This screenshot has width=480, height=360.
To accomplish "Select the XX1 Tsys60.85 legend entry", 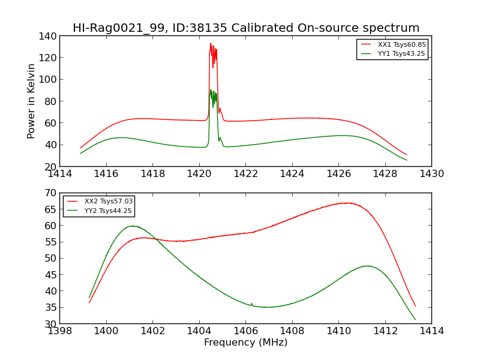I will (401, 44).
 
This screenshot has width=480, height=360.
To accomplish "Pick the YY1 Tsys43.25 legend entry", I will (401, 53).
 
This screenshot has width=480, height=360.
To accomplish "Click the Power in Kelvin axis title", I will (31, 101).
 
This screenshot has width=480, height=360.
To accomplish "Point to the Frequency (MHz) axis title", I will (245, 343).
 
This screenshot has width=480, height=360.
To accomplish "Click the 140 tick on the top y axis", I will (49, 35).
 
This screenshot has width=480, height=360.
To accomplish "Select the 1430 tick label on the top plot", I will (431, 174).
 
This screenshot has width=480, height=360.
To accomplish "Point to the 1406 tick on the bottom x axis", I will (245, 331).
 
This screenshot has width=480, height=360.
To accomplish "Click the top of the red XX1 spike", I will (211, 43).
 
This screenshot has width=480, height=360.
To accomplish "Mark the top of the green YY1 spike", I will (211, 89).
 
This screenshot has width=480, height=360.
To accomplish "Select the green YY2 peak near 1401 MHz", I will (132, 226).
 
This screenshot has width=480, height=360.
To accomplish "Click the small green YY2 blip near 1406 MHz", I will (251, 304).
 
